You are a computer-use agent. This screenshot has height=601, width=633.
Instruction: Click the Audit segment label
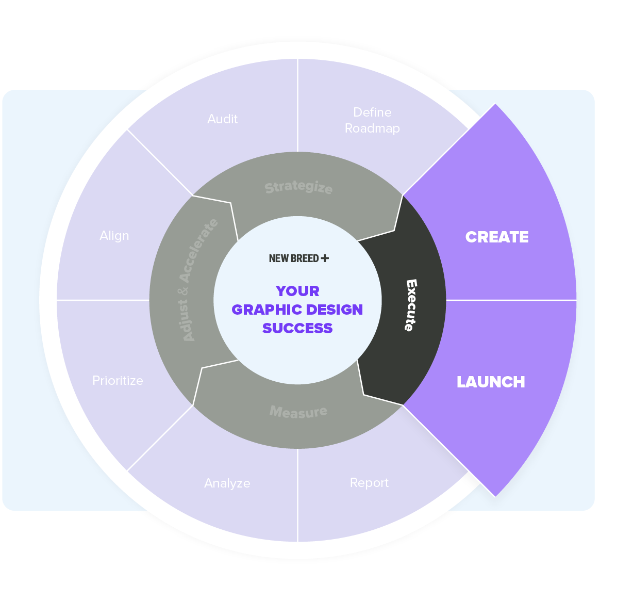[222, 119]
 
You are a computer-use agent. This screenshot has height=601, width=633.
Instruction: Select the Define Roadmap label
[372, 120]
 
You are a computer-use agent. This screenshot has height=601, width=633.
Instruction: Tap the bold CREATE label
[497, 237]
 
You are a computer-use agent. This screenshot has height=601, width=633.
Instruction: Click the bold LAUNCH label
[491, 382]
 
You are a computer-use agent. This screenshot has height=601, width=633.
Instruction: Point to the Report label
[369, 483]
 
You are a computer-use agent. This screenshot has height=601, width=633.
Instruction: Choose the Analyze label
[227, 483]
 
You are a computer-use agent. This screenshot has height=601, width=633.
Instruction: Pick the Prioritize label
[118, 381]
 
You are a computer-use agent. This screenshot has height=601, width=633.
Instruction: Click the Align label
[114, 236]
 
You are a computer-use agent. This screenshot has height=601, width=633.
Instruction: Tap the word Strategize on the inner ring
[298, 187]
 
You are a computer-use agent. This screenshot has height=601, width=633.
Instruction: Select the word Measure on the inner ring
[298, 412]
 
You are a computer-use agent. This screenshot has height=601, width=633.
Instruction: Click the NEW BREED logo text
[294, 258]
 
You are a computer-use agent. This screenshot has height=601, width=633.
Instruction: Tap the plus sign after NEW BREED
[325, 258]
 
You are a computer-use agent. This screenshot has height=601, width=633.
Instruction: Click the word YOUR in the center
[297, 291]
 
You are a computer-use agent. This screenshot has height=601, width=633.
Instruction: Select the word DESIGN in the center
[337, 310]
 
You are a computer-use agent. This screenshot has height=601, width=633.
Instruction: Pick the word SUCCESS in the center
[297, 328]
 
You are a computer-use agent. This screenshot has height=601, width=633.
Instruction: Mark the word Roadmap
[372, 128]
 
